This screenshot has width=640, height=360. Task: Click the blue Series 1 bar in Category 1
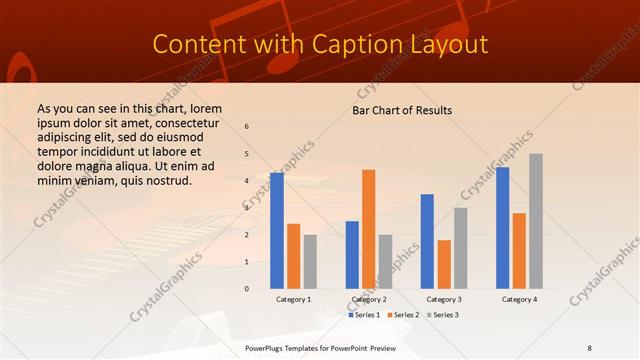pos(277,231)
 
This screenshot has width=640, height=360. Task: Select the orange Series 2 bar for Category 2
pos(368,229)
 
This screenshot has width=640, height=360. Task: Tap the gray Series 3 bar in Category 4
pos(536,221)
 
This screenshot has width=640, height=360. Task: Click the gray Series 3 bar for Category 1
pos(310,262)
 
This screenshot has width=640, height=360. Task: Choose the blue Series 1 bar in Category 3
pos(427,241)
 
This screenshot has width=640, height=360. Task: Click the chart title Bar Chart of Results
pos(402,110)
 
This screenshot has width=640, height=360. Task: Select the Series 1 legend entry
pos(364,315)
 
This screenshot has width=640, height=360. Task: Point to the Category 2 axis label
pos(368,299)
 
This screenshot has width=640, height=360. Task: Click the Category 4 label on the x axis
pos(519,299)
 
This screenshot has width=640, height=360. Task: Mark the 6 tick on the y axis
pos(247,127)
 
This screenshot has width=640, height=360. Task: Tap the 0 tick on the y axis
pos(247,288)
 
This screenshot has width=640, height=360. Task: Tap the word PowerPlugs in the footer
pos(266,347)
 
